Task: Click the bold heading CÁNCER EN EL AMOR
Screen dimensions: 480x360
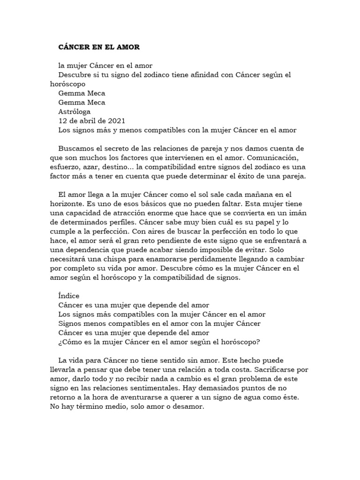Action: point(99,47)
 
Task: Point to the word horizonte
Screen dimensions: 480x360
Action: point(67,204)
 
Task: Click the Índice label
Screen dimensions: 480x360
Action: point(69,296)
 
